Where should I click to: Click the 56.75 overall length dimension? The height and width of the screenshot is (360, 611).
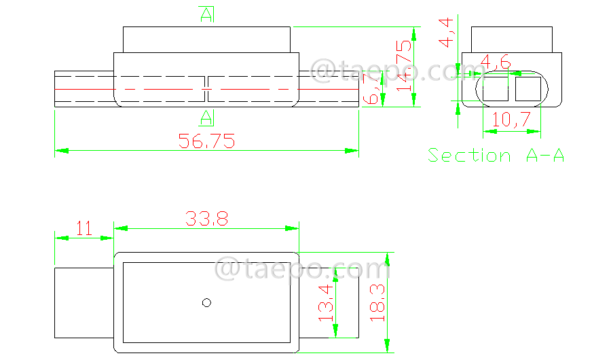click(206, 141)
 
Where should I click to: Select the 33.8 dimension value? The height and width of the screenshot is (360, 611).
click(206, 219)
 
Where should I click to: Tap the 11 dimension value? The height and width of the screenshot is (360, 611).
click(84, 228)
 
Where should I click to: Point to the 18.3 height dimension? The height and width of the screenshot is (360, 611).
click(377, 302)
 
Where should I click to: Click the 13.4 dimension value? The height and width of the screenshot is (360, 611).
click(327, 302)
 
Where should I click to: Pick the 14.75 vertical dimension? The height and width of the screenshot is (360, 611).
click(405, 66)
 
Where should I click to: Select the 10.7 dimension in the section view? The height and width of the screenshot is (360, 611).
click(511, 120)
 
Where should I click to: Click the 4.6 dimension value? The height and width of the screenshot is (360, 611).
click(495, 63)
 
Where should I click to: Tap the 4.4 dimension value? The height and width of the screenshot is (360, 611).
click(447, 33)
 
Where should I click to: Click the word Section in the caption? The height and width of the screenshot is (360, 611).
click(469, 156)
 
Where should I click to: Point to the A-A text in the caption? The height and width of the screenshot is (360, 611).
click(544, 156)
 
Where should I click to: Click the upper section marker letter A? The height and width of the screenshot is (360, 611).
click(206, 14)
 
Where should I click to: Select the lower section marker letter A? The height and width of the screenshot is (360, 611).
click(206, 118)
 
